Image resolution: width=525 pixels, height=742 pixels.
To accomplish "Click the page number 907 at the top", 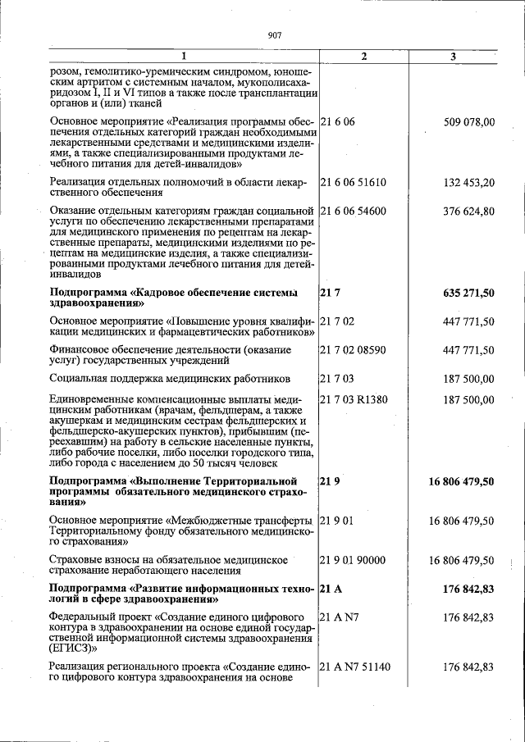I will (274, 34).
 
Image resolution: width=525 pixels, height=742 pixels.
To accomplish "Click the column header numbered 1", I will (183, 57).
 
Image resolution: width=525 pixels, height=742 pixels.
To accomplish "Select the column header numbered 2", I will (363, 57).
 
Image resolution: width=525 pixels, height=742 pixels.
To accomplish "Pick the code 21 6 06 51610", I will (353, 182).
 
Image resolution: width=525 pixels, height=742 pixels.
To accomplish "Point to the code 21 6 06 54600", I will (353, 212).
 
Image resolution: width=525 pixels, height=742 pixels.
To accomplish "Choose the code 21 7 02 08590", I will (353, 350).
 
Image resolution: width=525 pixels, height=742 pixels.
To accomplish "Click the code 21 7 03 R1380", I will (354, 399).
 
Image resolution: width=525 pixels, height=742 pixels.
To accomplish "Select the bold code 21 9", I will (329, 481).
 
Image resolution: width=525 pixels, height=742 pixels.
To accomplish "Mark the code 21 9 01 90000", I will (353, 560).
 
